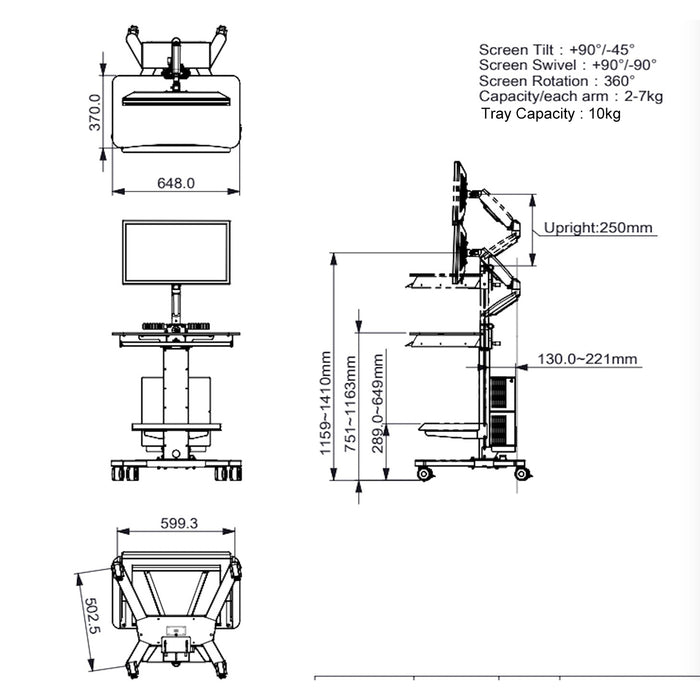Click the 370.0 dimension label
point(95,112)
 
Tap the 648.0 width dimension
point(176,182)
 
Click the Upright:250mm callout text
point(598,227)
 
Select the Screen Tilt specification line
point(556,49)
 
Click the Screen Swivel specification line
point(567,65)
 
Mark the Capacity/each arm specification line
point(570,96)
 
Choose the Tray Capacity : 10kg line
point(551,113)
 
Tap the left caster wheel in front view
point(119,471)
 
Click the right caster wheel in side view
point(520,472)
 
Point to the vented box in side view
point(499,410)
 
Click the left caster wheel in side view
point(425,472)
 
